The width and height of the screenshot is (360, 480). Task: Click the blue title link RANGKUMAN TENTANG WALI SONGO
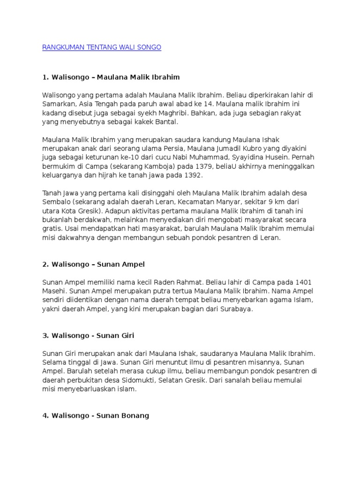click(x=102, y=47)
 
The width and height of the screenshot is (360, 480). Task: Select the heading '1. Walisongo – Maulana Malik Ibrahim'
click(x=111, y=76)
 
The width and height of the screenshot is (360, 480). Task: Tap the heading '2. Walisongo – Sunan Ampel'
click(x=93, y=264)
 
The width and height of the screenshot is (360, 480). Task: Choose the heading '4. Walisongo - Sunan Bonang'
click(x=96, y=415)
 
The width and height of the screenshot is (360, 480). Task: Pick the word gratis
click(x=51, y=229)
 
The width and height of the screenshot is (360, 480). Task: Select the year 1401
click(x=303, y=282)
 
